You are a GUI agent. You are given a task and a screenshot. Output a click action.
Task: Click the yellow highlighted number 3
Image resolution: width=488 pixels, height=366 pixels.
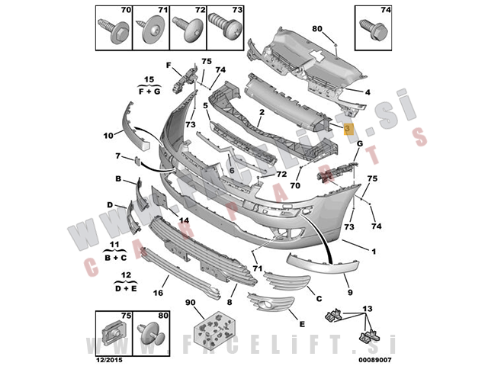pyautogui.click(x=347, y=129)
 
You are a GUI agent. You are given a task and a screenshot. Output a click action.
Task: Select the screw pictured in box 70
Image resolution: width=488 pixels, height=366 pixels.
pyautogui.click(x=113, y=30)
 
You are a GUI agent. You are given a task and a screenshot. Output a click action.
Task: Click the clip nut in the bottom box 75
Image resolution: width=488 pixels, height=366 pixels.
pyautogui.click(x=112, y=333)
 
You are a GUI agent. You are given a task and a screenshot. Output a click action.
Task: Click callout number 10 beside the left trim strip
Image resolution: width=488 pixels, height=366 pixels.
pyautogui.click(x=108, y=135)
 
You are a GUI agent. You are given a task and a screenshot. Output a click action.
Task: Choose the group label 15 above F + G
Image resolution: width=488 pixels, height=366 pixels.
pyautogui.click(x=149, y=79)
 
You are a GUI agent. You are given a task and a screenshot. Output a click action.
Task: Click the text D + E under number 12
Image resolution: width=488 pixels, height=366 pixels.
pyautogui.click(x=127, y=288)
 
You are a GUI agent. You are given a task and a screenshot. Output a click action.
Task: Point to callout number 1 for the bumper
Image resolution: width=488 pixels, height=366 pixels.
pyautogui.click(x=374, y=252)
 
